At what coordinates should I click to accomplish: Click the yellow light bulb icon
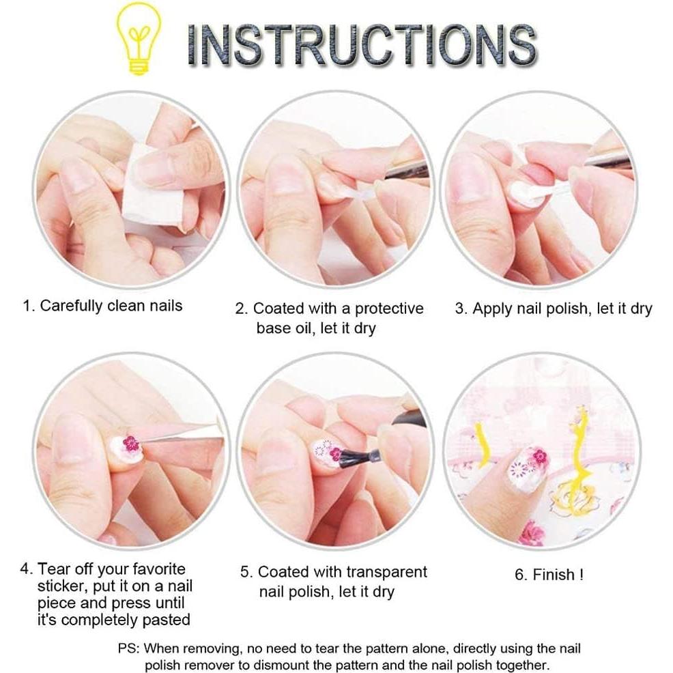tap(140, 39)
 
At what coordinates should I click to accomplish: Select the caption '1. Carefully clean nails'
tap(102, 305)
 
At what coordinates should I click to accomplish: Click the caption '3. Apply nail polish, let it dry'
tap(554, 309)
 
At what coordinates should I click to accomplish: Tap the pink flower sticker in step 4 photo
tap(130, 444)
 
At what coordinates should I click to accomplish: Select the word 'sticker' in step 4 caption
tap(61, 586)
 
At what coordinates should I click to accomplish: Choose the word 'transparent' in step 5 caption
tap(386, 572)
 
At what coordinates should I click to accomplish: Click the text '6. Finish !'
tap(549, 575)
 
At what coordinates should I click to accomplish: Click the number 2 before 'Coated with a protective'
tap(240, 309)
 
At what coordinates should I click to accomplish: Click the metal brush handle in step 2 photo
tap(405, 171)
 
